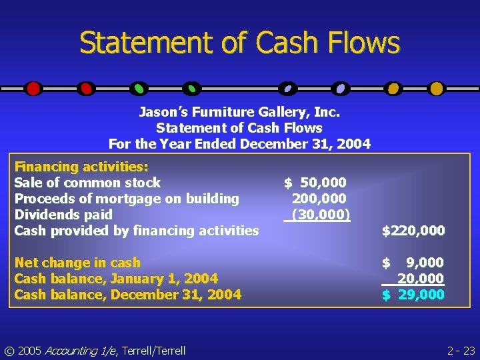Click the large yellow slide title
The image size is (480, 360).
click(239, 43)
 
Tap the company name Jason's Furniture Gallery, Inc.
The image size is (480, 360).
click(239, 111)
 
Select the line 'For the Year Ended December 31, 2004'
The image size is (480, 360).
click(239, 143)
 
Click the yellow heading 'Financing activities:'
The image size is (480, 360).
click(81, 167)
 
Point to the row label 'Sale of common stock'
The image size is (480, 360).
click(87, 183)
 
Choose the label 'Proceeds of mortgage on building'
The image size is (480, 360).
click(127, 199)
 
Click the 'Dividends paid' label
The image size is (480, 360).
click(63, 215)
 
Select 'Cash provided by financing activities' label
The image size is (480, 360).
click(137, 231)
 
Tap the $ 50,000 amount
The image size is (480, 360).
click(315, 183)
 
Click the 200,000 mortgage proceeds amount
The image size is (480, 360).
click(319, 199)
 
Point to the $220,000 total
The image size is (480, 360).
click(413, 231)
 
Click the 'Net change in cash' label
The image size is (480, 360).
click(77, 263)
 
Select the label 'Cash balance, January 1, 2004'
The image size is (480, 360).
click(116, 279)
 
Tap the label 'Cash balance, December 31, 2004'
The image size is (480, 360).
click(127, 295)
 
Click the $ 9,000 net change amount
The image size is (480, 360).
click(413, 263)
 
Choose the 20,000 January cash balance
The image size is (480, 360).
click(420, 279)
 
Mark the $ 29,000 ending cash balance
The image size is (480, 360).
click(413, 295)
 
